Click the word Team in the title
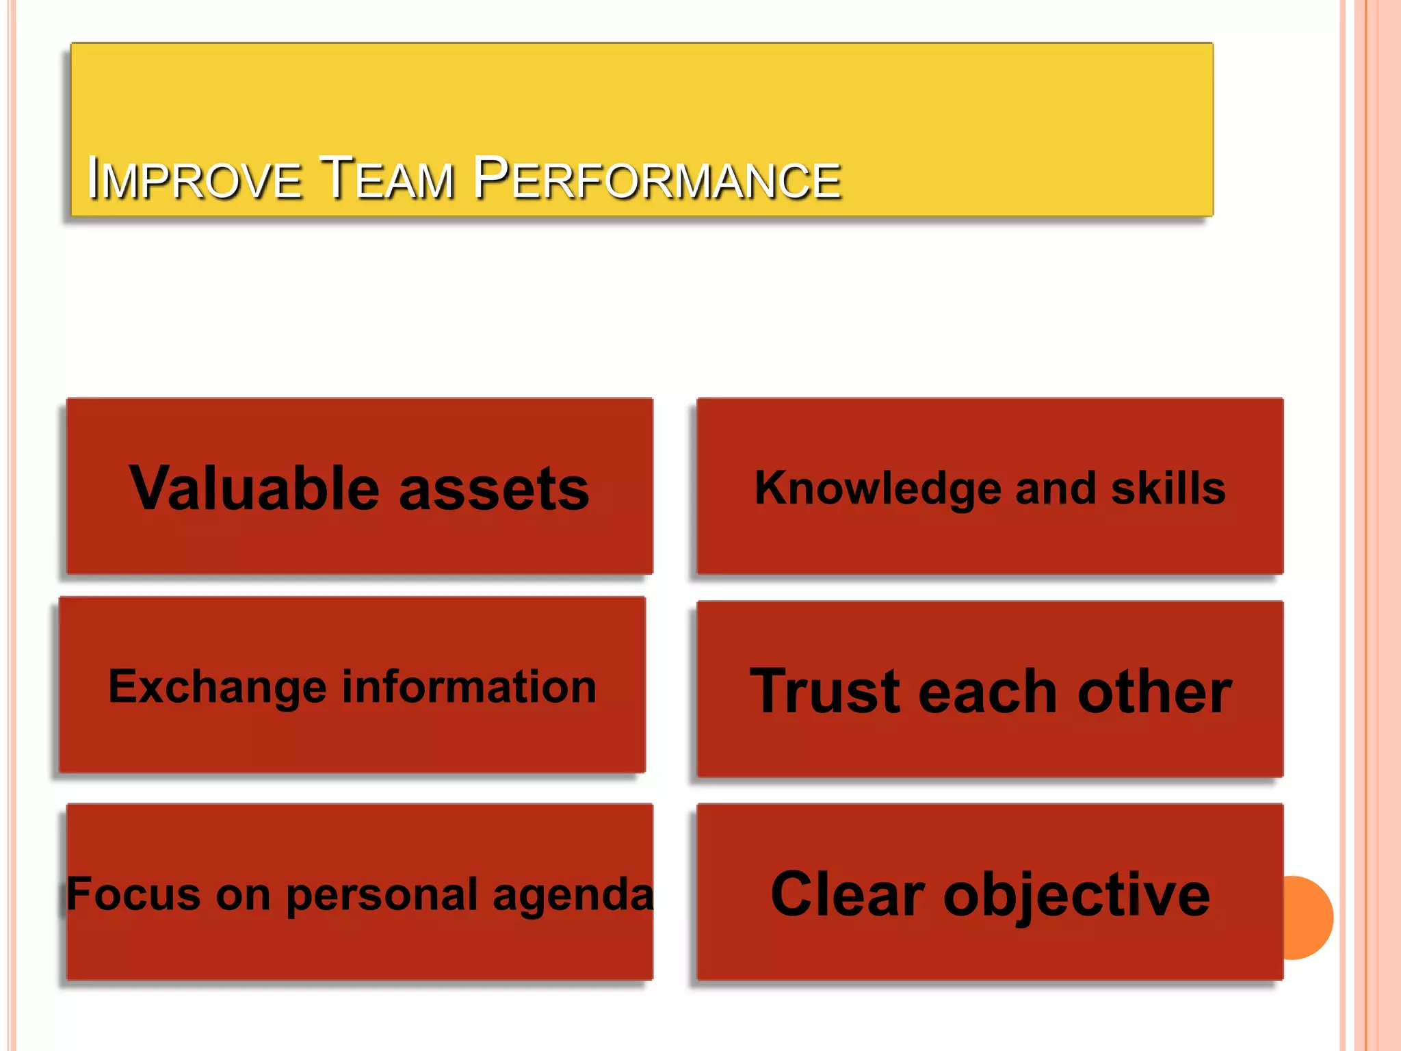[387, 179]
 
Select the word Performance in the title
[657, 179]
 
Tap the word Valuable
[254, 489]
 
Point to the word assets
[494, 490]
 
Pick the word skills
[1168, 489]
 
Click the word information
[469, 686]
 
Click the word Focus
[134, 894]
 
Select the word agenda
[573, 896]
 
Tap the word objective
[1077, 896]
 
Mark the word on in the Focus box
[243, 894]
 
